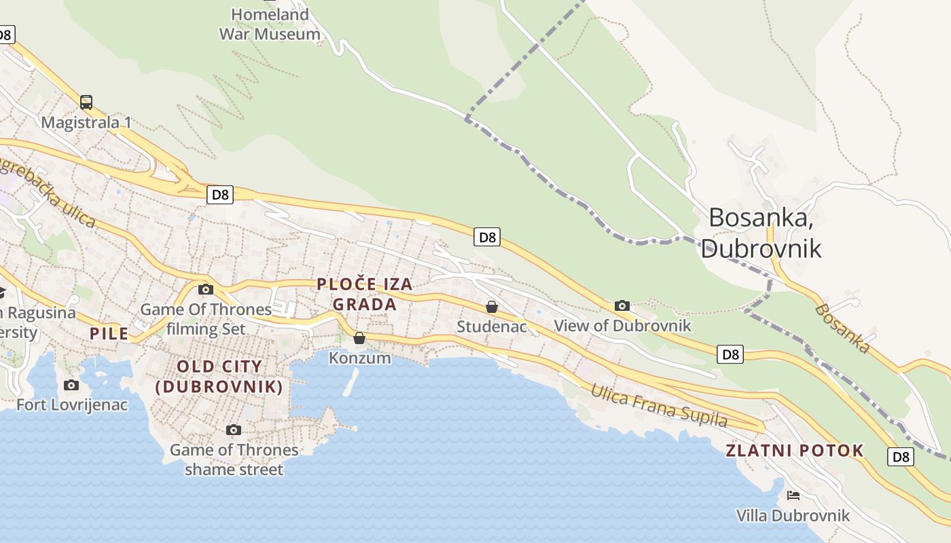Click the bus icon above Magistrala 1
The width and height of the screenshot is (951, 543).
(86, 102)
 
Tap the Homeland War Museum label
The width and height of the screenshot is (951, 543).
(270, 24)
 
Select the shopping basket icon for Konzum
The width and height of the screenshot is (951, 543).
(359, 338)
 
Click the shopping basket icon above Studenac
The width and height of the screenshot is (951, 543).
(492, 307)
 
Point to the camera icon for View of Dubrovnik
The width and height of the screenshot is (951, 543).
(622, 306)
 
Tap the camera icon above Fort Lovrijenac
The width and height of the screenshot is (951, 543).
(71, 386)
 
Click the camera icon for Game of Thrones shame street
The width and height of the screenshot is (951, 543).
(234, 430)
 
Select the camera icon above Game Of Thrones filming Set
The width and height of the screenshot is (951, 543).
(205, 290)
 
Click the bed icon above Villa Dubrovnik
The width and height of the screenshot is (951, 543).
(793, 495)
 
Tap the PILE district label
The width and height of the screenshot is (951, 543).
(109, 333)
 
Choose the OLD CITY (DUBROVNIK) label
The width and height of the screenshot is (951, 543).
(219, 377)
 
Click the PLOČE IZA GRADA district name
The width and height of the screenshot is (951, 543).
(365, 294)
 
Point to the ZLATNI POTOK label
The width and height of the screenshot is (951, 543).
(795, 451)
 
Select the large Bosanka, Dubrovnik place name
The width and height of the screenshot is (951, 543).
(761, 233)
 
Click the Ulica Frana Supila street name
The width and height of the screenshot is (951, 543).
(658, 406)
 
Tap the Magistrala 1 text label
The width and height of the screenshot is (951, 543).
(86, 123)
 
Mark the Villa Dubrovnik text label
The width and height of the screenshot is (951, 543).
(793, 516)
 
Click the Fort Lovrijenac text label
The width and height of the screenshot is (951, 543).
(72, 405)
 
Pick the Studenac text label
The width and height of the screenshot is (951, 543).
(491, 326)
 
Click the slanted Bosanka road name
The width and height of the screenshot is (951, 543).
(842, 329)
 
